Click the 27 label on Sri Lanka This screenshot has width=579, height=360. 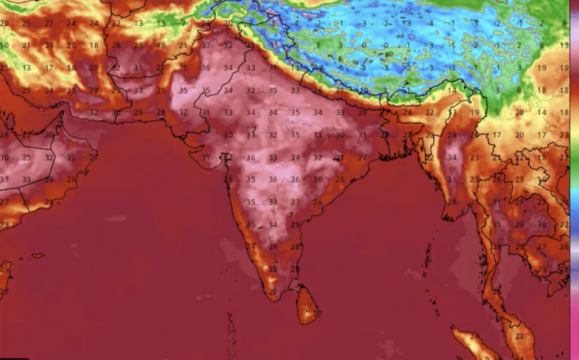coord(318,313)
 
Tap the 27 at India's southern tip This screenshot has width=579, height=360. coord(274,292)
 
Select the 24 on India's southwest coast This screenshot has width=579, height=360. coord(251,246)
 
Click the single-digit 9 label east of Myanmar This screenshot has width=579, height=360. coord(497,113)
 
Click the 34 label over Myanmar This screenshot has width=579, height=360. coord(453,157)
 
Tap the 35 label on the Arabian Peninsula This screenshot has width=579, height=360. coord(28,157)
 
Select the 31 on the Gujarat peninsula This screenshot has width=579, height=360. coord(206,158)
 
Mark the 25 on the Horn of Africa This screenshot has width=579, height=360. coord(4,269)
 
